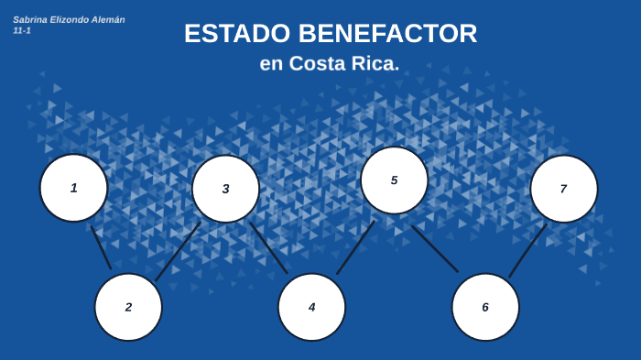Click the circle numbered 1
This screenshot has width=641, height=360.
73,188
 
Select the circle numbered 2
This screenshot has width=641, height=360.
128,307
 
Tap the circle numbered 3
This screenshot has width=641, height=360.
225,189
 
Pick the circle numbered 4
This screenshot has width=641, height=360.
311,307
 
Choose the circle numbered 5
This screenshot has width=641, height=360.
394,180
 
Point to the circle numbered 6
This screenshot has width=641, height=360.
485,307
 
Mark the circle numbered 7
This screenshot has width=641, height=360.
563,189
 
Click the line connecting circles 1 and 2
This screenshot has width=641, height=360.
101,247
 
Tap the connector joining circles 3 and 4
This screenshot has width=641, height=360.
268,247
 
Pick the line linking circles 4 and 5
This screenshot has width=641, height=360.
355,247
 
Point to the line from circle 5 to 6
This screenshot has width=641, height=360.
435,249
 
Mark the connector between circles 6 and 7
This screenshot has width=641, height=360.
527,250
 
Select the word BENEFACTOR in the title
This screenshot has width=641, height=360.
387,34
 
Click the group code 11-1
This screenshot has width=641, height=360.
22,30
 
